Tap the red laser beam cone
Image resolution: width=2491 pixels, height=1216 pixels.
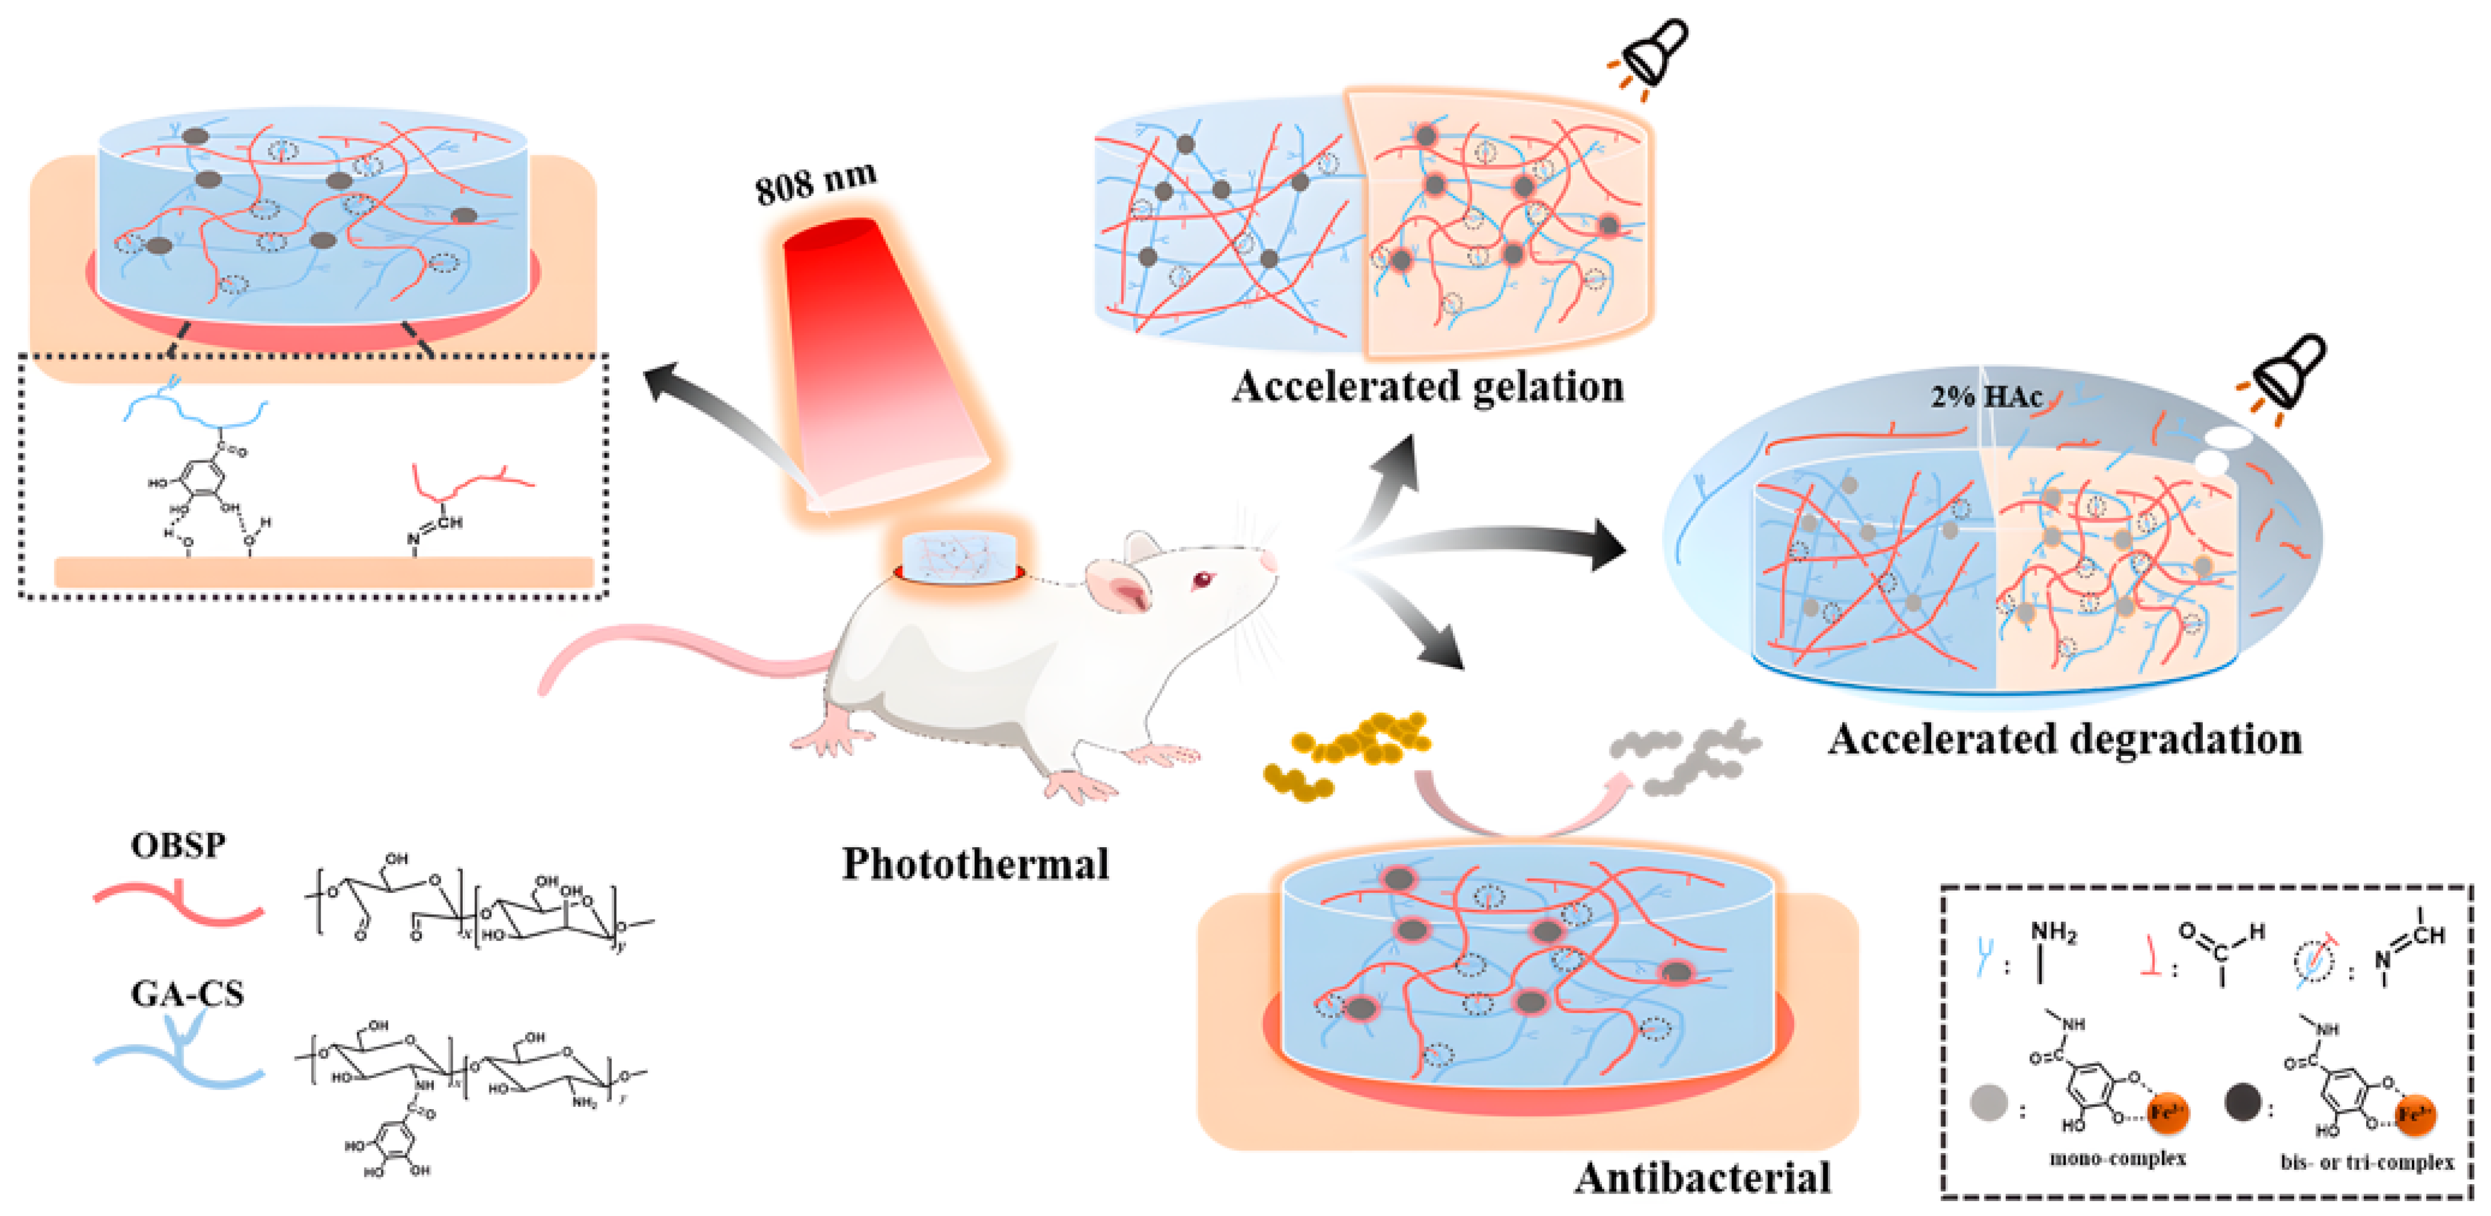875,368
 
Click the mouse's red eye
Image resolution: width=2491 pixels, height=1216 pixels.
1202,580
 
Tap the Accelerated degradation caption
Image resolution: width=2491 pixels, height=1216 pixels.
2065,739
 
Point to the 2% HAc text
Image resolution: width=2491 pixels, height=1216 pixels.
1986,396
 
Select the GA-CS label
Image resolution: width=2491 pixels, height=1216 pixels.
187,993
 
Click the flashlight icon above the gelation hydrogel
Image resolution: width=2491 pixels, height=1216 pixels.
1652,53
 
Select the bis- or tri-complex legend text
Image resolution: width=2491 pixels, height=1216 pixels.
2366,1161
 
